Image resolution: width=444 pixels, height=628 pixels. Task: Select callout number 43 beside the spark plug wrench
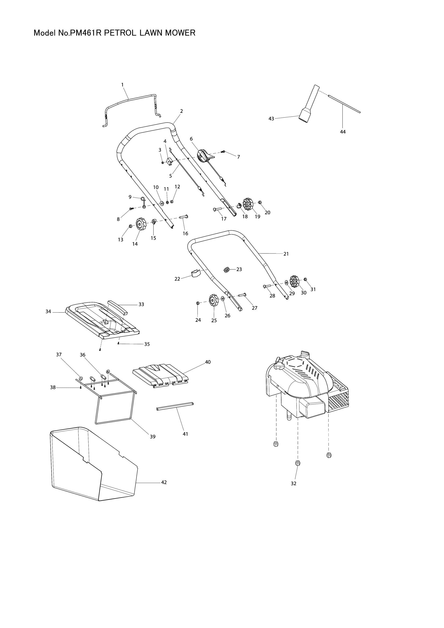271,119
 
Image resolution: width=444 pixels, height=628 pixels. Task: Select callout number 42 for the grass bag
164,482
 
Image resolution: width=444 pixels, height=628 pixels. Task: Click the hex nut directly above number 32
297,463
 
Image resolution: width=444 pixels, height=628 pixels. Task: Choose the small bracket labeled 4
170,161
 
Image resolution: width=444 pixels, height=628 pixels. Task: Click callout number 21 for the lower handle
286,254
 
